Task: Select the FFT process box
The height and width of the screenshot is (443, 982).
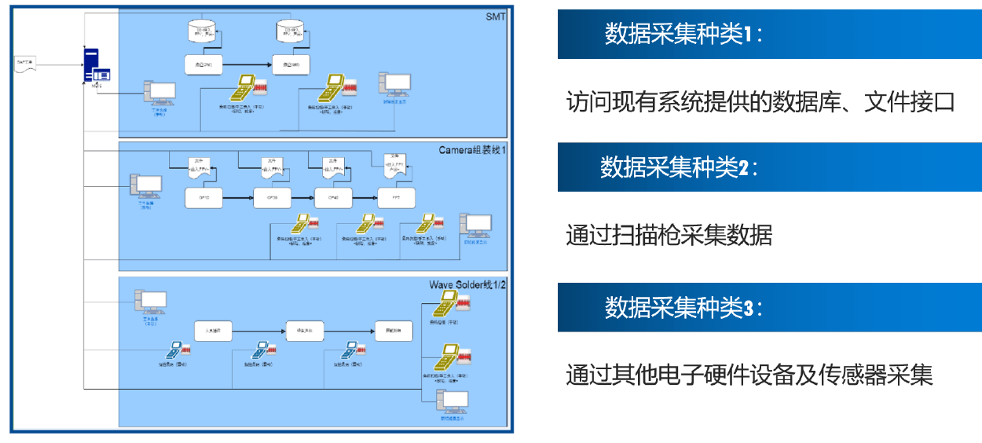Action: coord(395,198)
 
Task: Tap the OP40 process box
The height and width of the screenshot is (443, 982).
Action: coord(333,198)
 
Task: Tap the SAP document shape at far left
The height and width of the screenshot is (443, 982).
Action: coord(27,63)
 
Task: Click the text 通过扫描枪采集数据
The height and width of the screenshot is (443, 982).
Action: coord(669,235)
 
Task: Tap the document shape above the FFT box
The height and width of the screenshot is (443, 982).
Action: coord(394,163)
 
